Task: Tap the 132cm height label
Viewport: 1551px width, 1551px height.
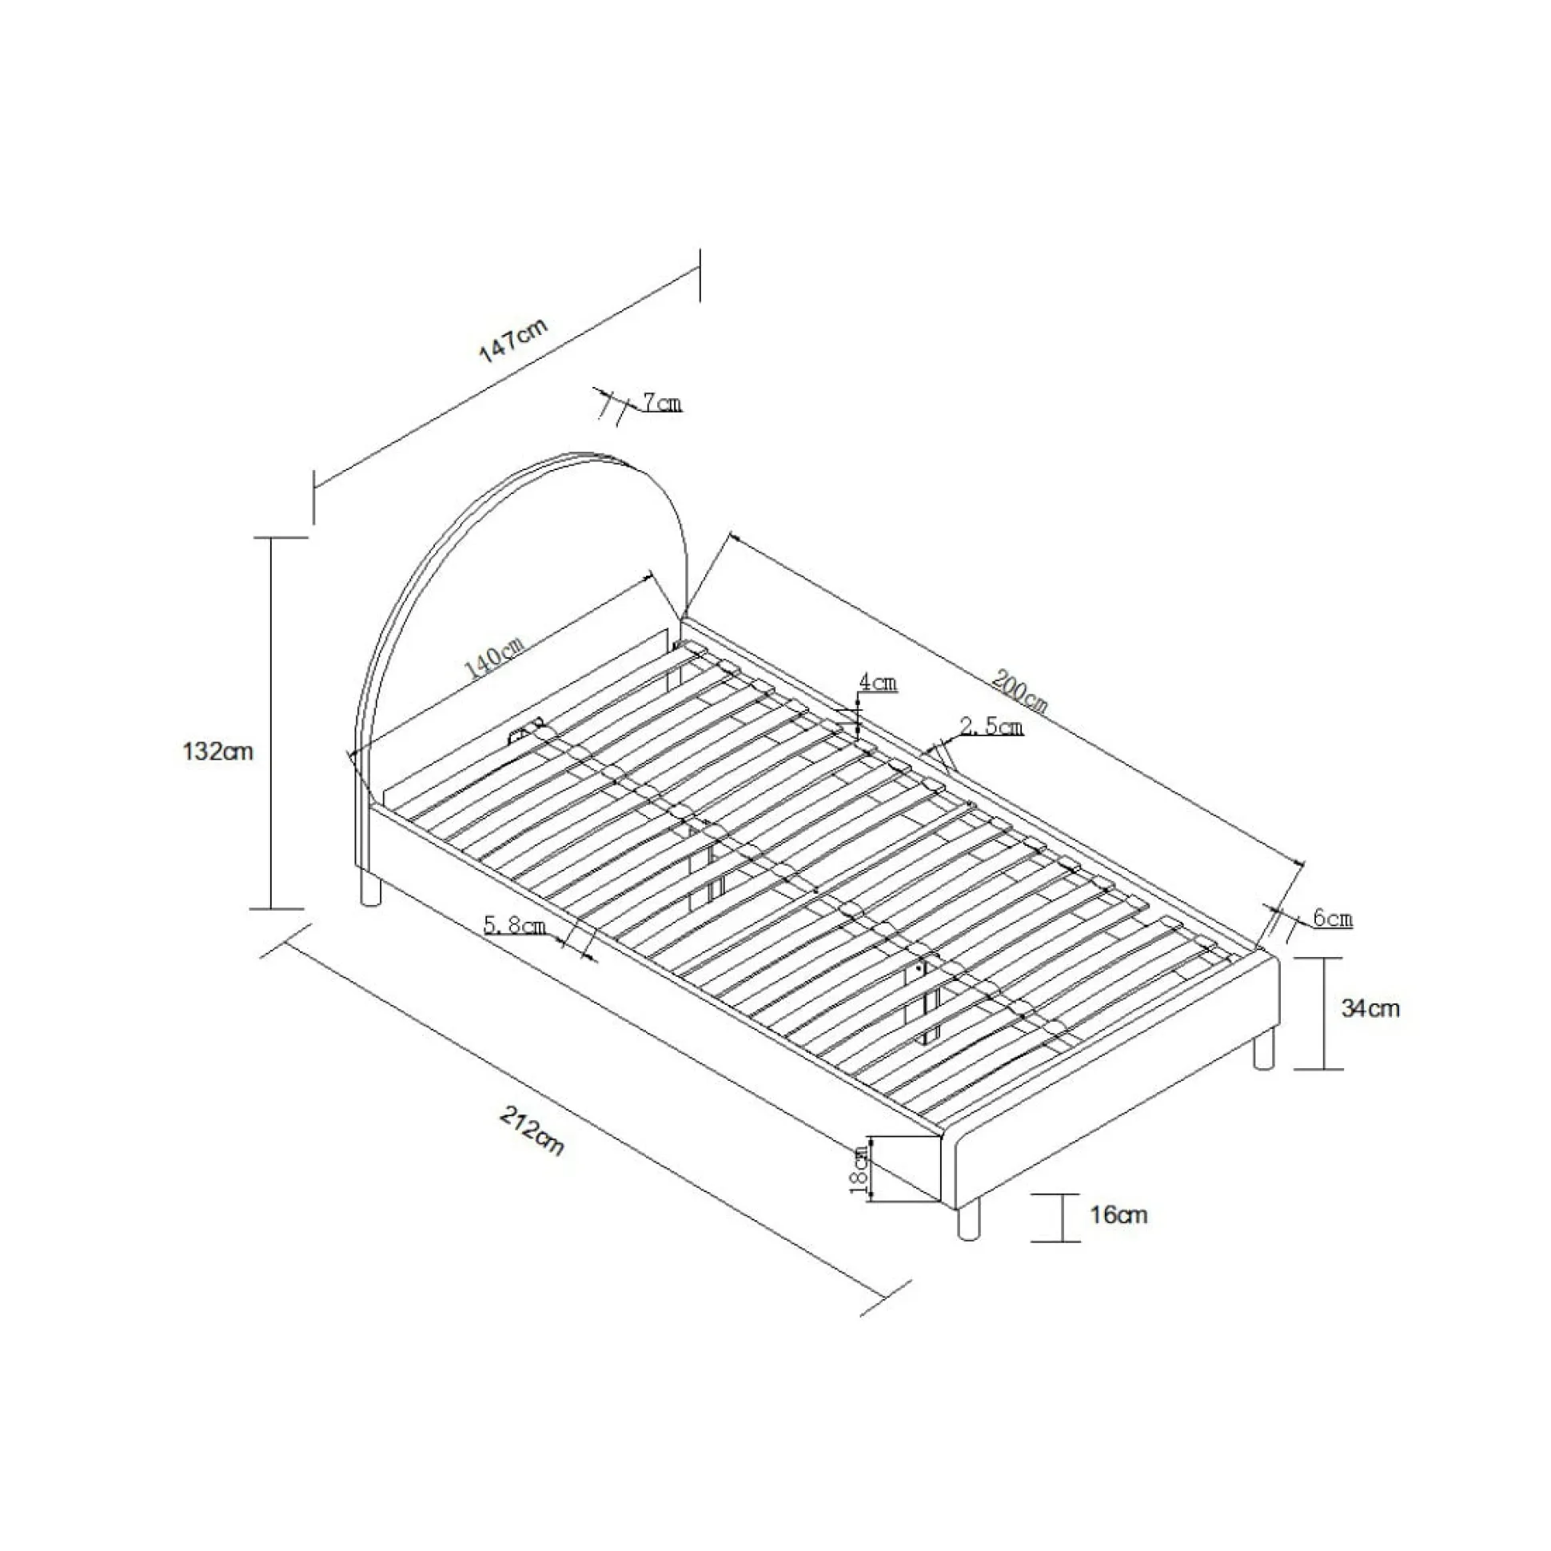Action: click(x=217, y=752)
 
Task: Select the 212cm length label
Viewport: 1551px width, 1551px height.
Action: click(x=532, y=1131)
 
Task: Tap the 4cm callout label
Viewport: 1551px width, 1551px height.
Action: click(x=878, y=683)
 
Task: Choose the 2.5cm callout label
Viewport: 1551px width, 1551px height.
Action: click(x=991, y=727)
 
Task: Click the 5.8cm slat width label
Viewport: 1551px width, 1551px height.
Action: click(x=515, y=925)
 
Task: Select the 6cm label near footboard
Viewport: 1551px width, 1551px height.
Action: click(x=1334, y=919)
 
